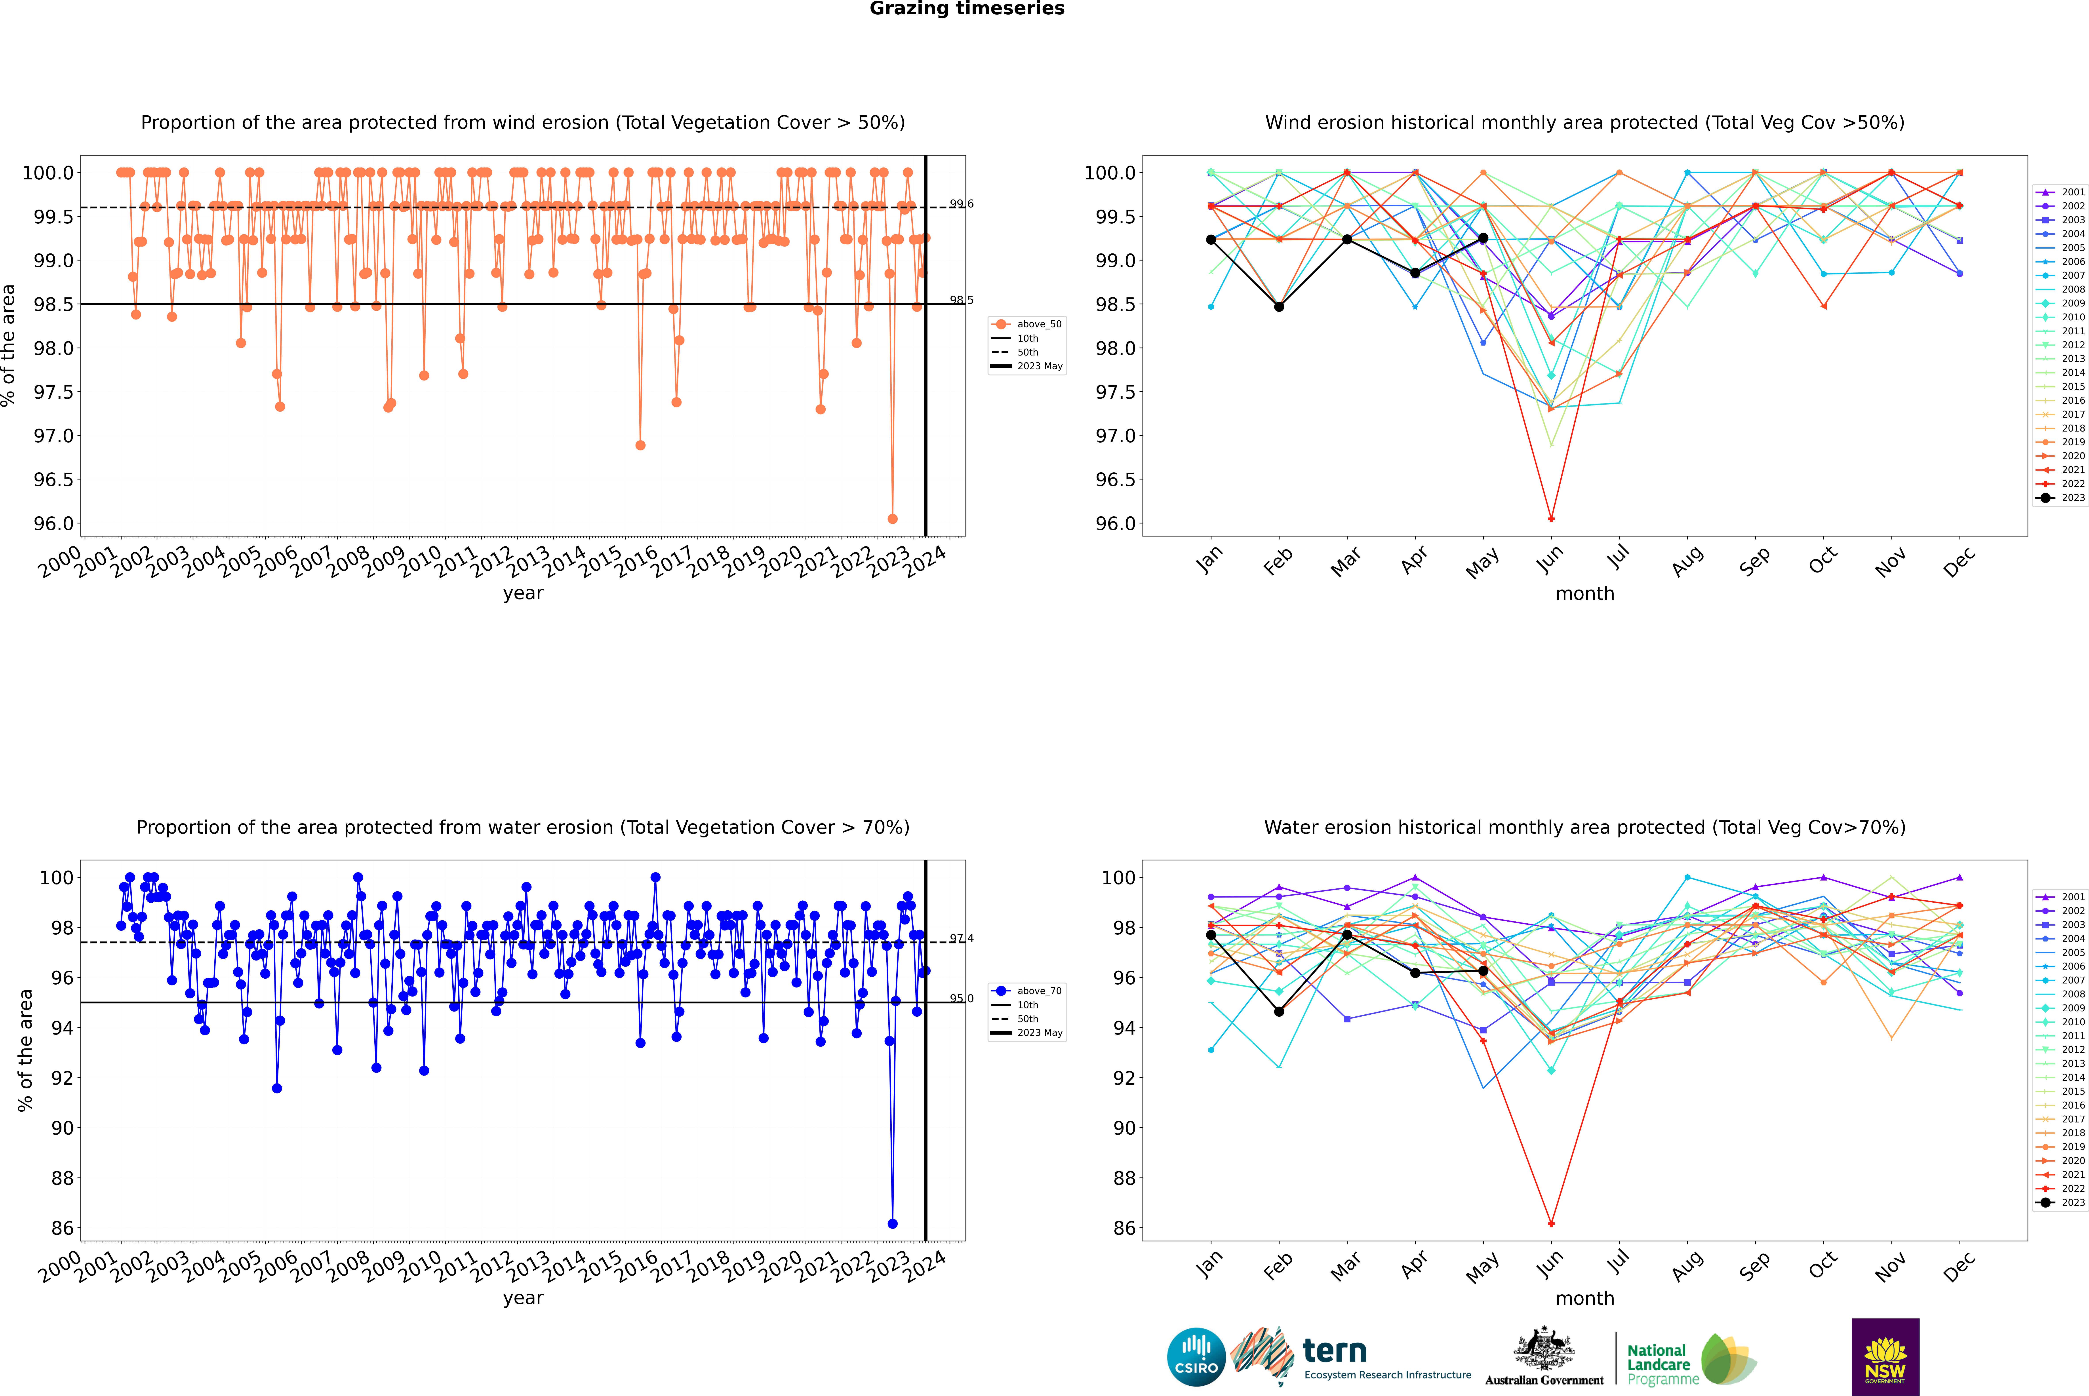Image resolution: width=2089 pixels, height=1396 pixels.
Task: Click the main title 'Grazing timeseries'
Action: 967,9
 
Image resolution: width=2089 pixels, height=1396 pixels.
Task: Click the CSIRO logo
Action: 1196,1357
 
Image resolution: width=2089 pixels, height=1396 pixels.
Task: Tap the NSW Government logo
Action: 1885,1357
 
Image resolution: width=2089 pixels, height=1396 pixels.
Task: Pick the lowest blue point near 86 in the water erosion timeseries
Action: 892,1223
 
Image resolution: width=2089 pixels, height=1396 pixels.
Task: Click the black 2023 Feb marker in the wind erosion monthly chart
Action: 1279,307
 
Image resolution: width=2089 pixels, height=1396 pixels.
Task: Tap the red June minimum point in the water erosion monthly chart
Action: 1551,1223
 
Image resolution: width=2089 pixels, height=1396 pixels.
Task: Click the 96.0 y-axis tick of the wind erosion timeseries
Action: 53,523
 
